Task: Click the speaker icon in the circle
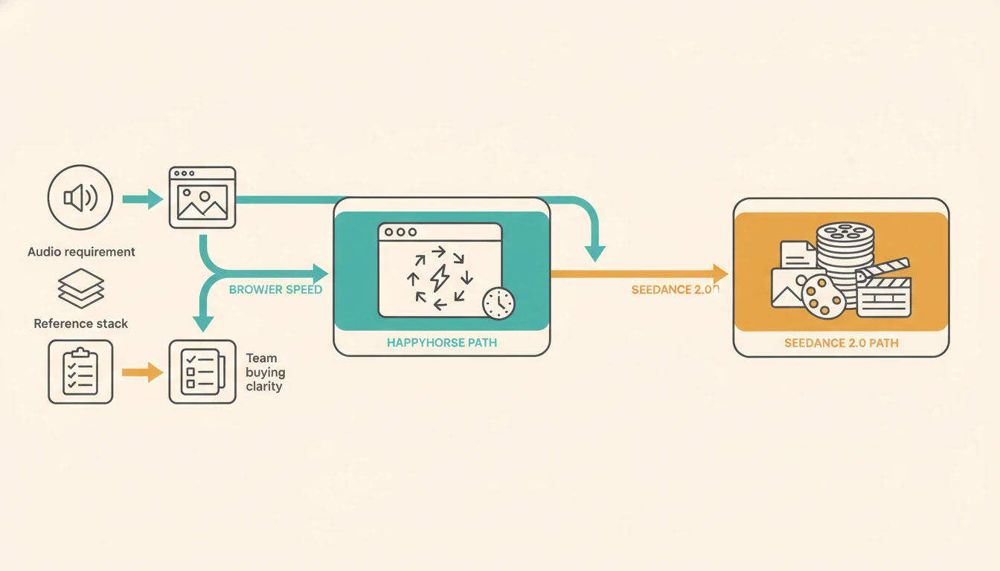80,199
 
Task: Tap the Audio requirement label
81,252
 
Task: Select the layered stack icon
81,288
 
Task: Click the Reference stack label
81,324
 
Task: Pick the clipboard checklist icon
80,372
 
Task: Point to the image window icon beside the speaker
202,197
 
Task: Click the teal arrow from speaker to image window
142,199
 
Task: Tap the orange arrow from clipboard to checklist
142,372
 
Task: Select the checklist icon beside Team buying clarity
202,372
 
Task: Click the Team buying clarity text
265,372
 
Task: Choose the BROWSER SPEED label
275,289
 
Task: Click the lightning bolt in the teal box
439,278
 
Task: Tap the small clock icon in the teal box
498,303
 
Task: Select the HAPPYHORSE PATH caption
442,343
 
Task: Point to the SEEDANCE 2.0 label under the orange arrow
674,290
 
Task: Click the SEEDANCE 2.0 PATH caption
841,343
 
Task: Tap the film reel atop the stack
845,232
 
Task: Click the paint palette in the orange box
824,297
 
